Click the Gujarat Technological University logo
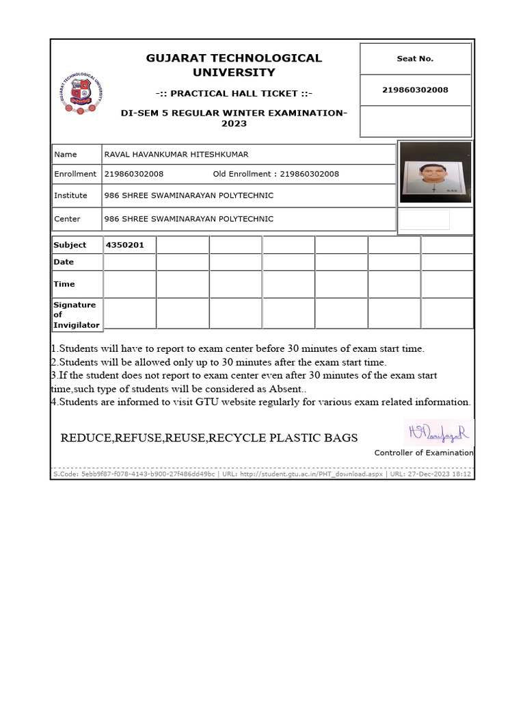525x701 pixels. pyautogui.click(x=82, y=94)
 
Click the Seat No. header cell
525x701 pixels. pyautogui.click(x=415, y=59)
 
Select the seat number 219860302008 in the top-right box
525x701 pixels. pyautogui.click(x=415, y=90)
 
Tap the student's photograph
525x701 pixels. pyautogui.click(x=435, y=173)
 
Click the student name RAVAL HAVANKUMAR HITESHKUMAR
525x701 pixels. pyautogui.click(x=176, y=155)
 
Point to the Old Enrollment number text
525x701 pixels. pyautogui.click(x=276, y=174)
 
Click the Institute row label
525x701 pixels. pyautogui.click(x=71, y=196)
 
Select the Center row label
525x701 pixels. pyautogui.click(x=67, y=219)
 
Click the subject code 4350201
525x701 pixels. pyautogui.click(x=124, y=245)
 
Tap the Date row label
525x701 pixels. pyautogui.click(x=64, y=262)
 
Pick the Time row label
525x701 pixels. pyautogui.click(x=64, y=284)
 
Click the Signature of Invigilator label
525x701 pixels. pyautogui.click(x=76, y=315)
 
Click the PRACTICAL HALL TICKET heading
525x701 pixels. pyautogui.click(x=234, y=93)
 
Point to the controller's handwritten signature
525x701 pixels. pyautogui.click(x=437, y=432)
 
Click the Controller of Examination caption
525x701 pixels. pyautogui.click(x=423, y=453)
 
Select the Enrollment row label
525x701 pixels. pyautogui.click(x=75, y=174)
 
